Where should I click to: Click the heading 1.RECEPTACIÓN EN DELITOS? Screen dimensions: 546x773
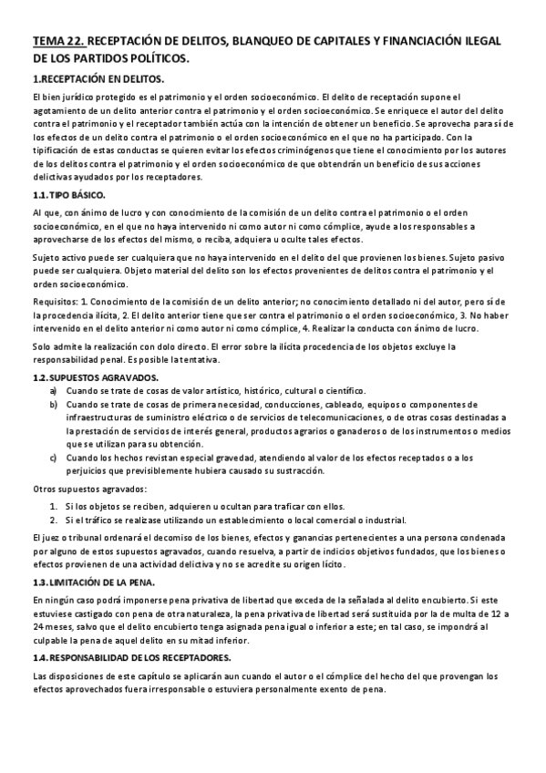[x=98, y=79]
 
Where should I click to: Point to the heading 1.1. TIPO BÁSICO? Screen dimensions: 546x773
[x=69, y=195]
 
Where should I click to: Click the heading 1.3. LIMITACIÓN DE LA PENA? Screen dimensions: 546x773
[x=94, y=582]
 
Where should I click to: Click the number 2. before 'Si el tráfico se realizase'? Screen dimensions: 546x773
[x=54, y=519]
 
